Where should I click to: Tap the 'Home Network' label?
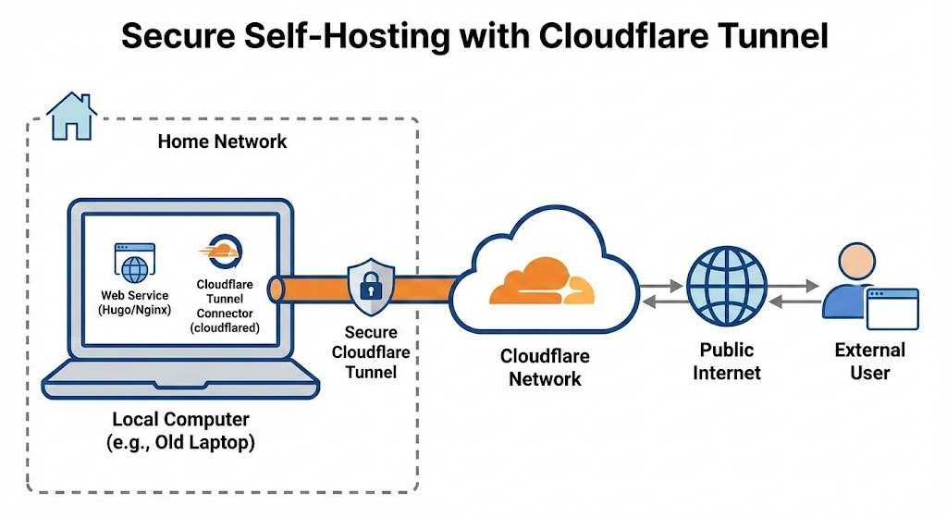(x=222, y=142)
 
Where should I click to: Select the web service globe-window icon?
(x=134, y=263)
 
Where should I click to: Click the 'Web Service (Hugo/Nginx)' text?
(x=135, y=302)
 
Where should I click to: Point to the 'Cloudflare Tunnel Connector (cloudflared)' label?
(x=225, y=307)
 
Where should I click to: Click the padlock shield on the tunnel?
(x=369, y=287)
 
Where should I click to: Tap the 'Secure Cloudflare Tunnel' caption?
(x=370, y=352)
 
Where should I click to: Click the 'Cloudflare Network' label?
(x=545, y=367)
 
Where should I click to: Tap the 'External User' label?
(x=869, y=362)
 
